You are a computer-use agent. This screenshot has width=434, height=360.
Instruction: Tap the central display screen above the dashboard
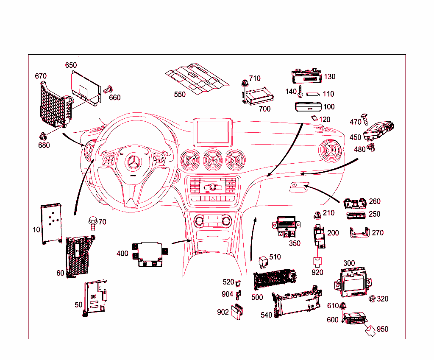pos(212,132)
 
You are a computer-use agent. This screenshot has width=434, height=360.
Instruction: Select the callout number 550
pos(180,94)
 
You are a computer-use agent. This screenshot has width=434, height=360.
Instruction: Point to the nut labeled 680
pos(42,136)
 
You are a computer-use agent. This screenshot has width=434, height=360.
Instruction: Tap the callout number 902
pos(223,312)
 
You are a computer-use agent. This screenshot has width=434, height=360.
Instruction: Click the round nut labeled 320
pos(372,299)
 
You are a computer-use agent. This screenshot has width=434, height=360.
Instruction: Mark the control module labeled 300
pos(354,282)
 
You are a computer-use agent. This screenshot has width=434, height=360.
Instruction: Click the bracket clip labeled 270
pos(359,232)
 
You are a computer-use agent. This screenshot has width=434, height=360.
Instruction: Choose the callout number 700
pos(264,109)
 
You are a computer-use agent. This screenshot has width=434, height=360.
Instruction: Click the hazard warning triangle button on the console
pos(212,198)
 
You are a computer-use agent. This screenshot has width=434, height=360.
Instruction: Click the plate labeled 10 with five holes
pos(51,223)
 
